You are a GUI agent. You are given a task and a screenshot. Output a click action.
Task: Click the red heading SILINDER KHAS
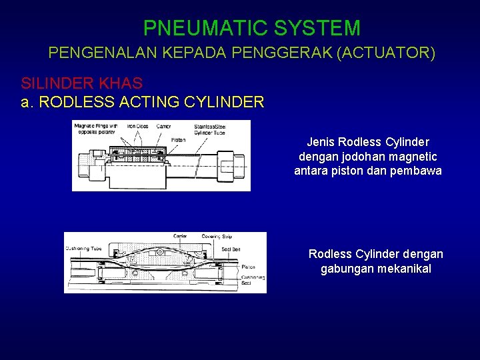(81, 83)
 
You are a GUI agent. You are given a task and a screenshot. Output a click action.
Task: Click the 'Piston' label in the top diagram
(178, 140)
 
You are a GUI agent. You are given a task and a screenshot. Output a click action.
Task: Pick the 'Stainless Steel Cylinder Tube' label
(211, 129)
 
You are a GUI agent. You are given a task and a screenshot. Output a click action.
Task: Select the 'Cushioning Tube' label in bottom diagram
(83, 248)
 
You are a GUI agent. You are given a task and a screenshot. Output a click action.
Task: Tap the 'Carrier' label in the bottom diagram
(179, 236)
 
